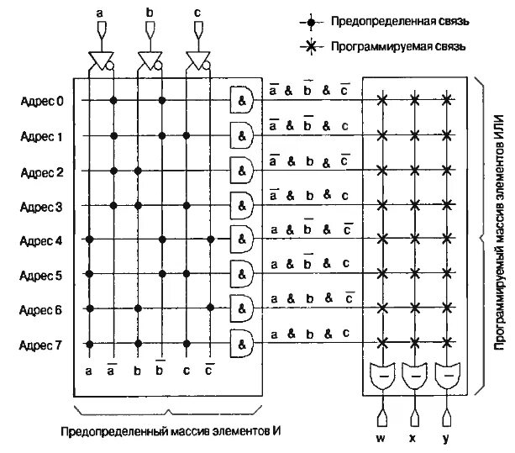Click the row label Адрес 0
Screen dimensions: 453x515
pos(42,101)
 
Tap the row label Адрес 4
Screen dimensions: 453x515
pos(42,240)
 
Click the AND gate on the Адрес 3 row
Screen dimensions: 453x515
pos(243,204)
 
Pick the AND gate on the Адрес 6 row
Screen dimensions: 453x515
pos(243,308)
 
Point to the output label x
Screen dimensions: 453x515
pos(414,437)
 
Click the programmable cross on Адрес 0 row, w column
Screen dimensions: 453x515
pos(383,101)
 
